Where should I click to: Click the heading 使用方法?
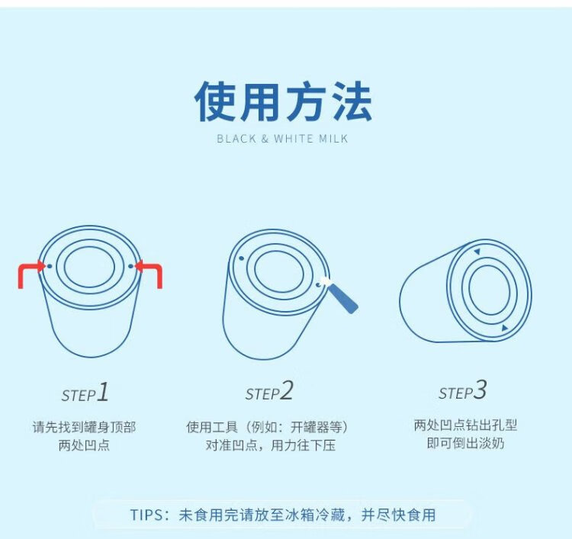pos(283,101)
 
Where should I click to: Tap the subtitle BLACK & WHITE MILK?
pos(282,139)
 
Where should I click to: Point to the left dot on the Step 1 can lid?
pos(50,266)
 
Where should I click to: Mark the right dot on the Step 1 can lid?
pos(130,266)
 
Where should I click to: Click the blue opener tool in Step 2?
pos(340,295)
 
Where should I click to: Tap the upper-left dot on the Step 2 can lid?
pos(241,258)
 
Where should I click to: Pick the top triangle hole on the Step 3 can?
pos(477,252)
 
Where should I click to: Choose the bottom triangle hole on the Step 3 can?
pos(505,328)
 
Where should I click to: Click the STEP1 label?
pos(85,393)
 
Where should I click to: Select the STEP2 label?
pos(269,391)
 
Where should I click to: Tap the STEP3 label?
pos(463,390)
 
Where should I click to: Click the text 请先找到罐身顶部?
pos(84,427)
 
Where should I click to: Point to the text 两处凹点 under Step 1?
pos(84,445)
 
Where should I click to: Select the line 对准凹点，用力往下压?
pos(270,445)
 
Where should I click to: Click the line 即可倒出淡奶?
pos(465,444)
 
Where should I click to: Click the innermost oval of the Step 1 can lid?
pos(89,266)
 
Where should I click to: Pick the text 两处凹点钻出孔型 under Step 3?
pos(465,425)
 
